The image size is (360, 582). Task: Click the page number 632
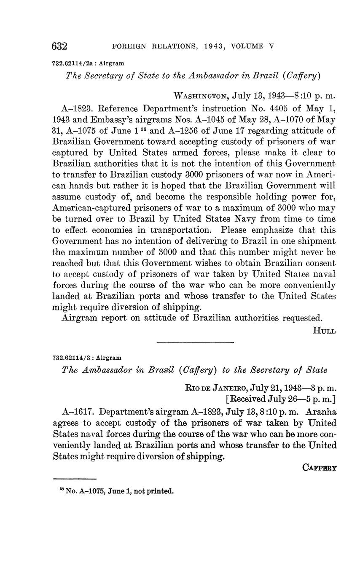click(x=59, y=46)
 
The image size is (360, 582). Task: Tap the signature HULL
click(x=324, y=331)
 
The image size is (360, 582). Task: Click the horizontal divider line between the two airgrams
click(x=195, y=342)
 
